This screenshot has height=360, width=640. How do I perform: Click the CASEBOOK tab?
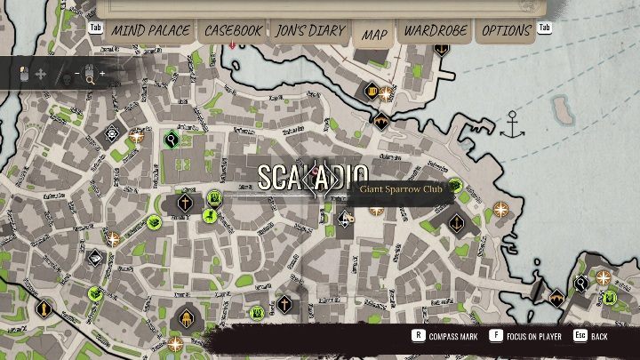[234, 30]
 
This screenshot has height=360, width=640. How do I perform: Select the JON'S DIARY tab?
[309, 30]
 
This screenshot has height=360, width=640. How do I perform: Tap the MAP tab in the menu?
[374, 35]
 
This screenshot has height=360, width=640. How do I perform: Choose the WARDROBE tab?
[436, 30]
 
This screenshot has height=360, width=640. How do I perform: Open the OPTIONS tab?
[506, 30]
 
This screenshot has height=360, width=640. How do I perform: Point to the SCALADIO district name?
[312, 174]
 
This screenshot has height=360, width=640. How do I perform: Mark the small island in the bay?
[564, 108]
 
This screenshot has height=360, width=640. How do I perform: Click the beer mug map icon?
[372, 91]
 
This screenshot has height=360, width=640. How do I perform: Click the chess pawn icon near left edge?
[42, 310]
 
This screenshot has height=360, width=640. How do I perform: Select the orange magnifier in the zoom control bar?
[90, 79]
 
